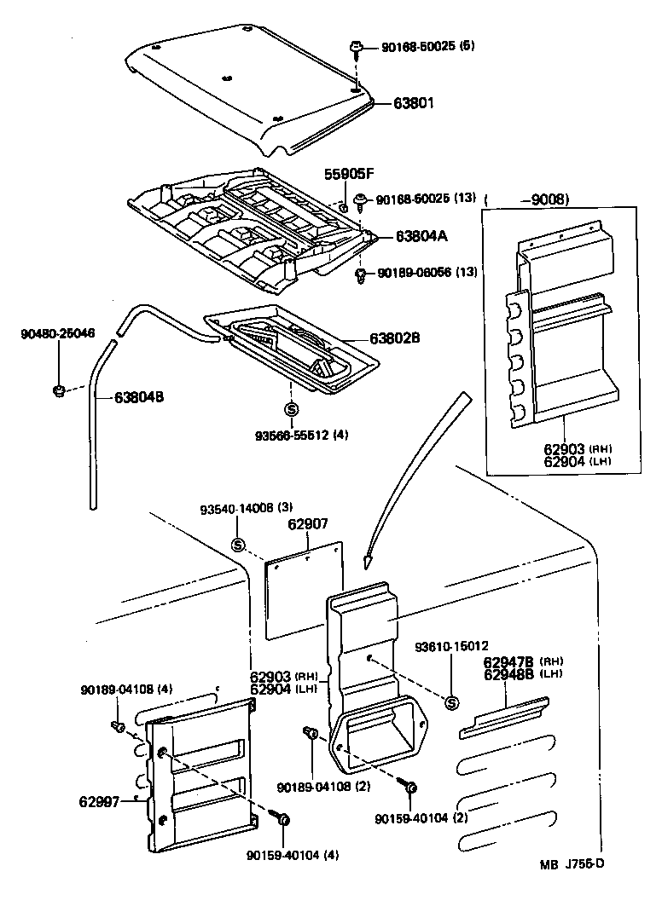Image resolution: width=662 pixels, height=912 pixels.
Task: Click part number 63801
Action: [x=414, y=103]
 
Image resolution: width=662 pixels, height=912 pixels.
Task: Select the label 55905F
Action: [x=349, y=174]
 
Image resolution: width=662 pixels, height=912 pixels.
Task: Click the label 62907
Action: [x=308, y=525]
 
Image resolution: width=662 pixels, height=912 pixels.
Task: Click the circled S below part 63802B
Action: [x=290, y=410]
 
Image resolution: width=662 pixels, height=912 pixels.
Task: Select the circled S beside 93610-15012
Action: [x=452, y=702]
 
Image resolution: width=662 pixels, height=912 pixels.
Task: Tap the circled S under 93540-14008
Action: [x=238, y=545]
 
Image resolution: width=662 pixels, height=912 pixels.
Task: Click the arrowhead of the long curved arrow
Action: [x=368, y=562]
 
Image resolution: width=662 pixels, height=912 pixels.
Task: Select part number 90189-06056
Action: [x=415, y=272]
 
